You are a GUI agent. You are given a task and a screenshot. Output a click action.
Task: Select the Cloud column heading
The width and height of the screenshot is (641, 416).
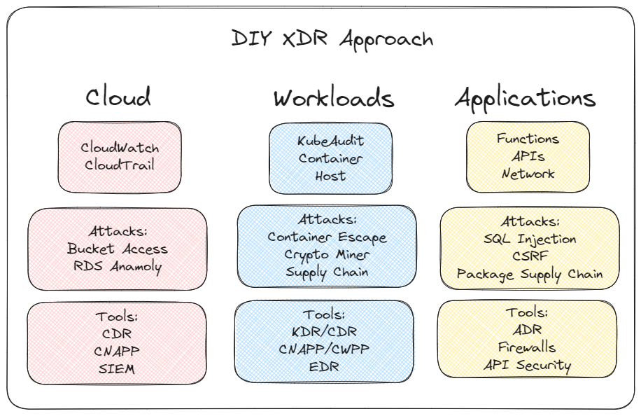pos(118,97)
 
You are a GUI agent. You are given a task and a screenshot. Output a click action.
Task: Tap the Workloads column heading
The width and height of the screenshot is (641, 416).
pos(333,98)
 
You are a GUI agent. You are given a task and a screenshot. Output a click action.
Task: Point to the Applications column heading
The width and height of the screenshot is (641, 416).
pos(525,98)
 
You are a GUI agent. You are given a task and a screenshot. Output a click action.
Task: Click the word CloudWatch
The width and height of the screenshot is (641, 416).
pos(120,148)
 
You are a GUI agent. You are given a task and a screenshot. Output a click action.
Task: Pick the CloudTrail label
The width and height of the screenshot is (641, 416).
pos(120,165)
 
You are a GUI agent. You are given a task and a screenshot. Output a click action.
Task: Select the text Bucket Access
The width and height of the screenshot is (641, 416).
pos(118,249)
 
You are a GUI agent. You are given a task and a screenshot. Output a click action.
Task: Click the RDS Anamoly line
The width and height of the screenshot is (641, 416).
pos(118,265)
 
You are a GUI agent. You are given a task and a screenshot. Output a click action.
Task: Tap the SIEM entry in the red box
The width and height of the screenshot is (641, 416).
pos(117,368)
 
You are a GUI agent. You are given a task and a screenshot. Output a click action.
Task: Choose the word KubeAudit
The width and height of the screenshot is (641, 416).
pos(331,141)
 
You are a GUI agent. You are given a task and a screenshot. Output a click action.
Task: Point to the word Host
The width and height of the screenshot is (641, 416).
pos(330,175)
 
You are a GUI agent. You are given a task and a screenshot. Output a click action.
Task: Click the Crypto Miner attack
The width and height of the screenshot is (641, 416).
pos(327,254)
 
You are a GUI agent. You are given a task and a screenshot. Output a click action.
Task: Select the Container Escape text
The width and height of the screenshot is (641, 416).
pos(327,237)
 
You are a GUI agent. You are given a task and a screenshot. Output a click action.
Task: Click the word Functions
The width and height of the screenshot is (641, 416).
pos(528,139)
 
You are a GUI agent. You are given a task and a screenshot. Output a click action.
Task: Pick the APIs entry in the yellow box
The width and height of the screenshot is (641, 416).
pos(528,156)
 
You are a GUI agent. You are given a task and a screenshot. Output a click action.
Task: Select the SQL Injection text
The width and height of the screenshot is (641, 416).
pos(530,239)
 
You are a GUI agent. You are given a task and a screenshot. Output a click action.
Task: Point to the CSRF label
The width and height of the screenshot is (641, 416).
pos(530,256)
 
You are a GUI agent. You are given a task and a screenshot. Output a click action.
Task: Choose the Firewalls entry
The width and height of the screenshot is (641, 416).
pos(527,347)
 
